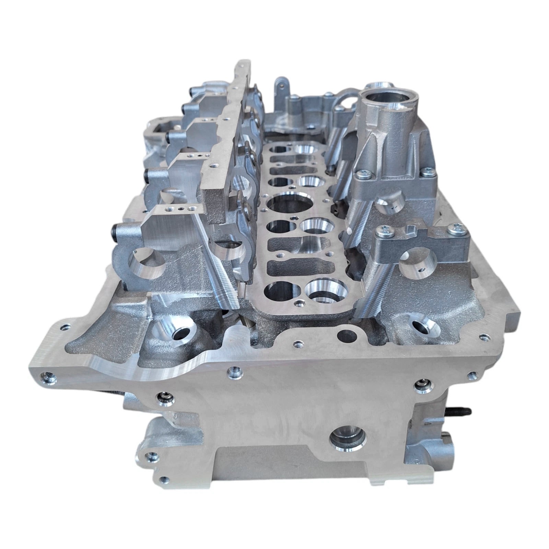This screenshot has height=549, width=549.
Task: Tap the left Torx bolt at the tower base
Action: (363, 175)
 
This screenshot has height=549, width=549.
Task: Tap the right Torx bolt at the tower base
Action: (430, 171)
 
